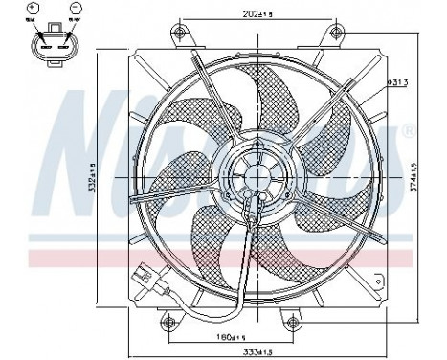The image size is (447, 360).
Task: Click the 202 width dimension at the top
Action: pyautogui.click(x=229, y=14)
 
